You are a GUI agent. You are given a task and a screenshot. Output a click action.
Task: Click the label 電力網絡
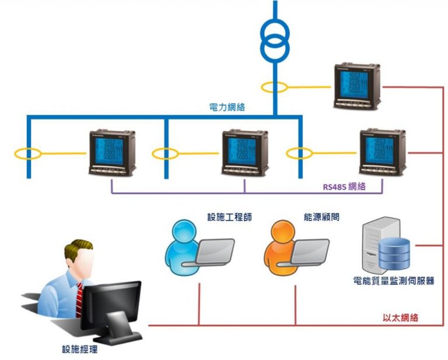point(227,107)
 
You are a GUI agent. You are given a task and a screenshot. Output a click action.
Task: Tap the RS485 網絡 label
point(344,187)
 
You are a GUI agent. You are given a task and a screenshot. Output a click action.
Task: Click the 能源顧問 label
point(321,217)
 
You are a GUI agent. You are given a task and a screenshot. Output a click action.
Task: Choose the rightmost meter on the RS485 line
point(383,152)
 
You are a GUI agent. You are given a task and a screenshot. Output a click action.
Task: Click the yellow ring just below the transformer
point(274,88)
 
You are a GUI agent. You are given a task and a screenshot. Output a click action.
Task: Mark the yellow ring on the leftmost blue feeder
point(27,155)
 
